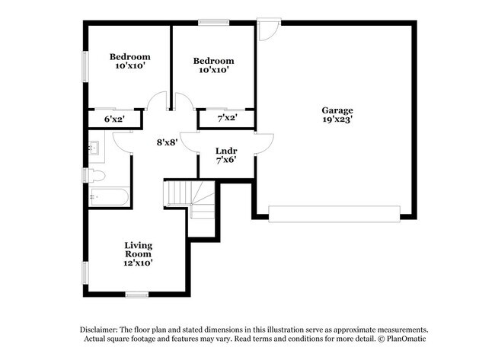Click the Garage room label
click(x=337, y=111)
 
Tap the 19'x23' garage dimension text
click(x=337, y=119)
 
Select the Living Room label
click(x=139, y=250)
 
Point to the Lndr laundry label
click(x=226, y=151)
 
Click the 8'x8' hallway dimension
click(x=168, y=142)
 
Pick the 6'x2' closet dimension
click(x=114, y=119)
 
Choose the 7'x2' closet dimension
click(x=227, y=118)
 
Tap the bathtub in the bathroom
click(x=109, y=197)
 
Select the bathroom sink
click(x=94, y=148)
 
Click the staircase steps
click(x=190, y=198)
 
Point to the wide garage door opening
click(x=334, y=214)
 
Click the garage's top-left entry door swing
click(x=269, y=30)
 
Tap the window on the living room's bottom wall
click(x=137, y=295)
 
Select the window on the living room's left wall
click(x=85, y=272)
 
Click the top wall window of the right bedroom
click(x=214, y=22)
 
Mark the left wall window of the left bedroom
click(x=85, y=66)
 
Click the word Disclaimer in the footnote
click(x=99, y=330)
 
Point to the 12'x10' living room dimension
click(x=139, y=263)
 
